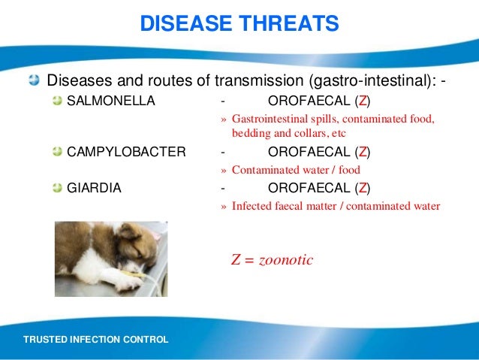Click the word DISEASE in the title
click(x=186, y=23)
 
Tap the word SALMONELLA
click(x=111, y=101)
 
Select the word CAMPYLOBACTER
click(x=126, y=152)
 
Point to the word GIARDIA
click(x=94, y=188)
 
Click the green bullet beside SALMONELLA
click(x=57, y=100)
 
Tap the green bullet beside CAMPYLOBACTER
click(x=57, y=151)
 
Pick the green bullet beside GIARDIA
click(x=57, y=187)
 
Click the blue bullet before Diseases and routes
click(x=35, y=80)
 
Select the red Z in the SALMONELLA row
click(x=363, y=101)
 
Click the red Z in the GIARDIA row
click(x=363, y=188)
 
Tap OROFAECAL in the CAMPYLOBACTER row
click(x=309, y=152)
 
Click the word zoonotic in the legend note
click(x=286, y=260)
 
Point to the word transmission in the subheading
click(x=259, y=80)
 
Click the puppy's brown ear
click(x=130, y=231)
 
